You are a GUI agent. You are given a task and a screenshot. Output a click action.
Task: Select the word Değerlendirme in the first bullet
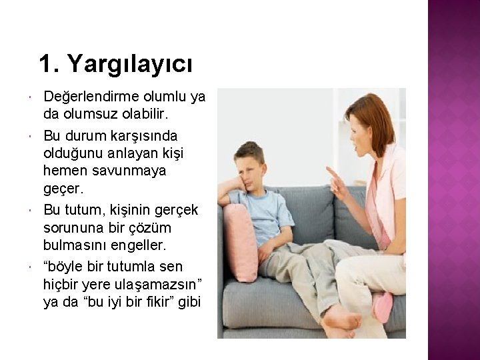click(89, 97)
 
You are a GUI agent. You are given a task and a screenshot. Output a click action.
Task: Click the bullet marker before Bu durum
click(32, 137)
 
